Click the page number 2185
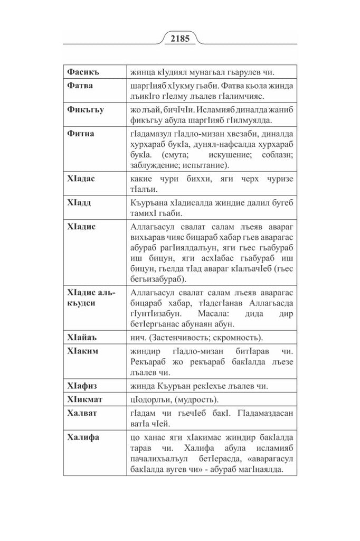(180, 39)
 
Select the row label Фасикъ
(83, 71)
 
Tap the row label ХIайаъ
(83, 337)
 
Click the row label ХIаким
(84, 351)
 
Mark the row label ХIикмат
(87, 399)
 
